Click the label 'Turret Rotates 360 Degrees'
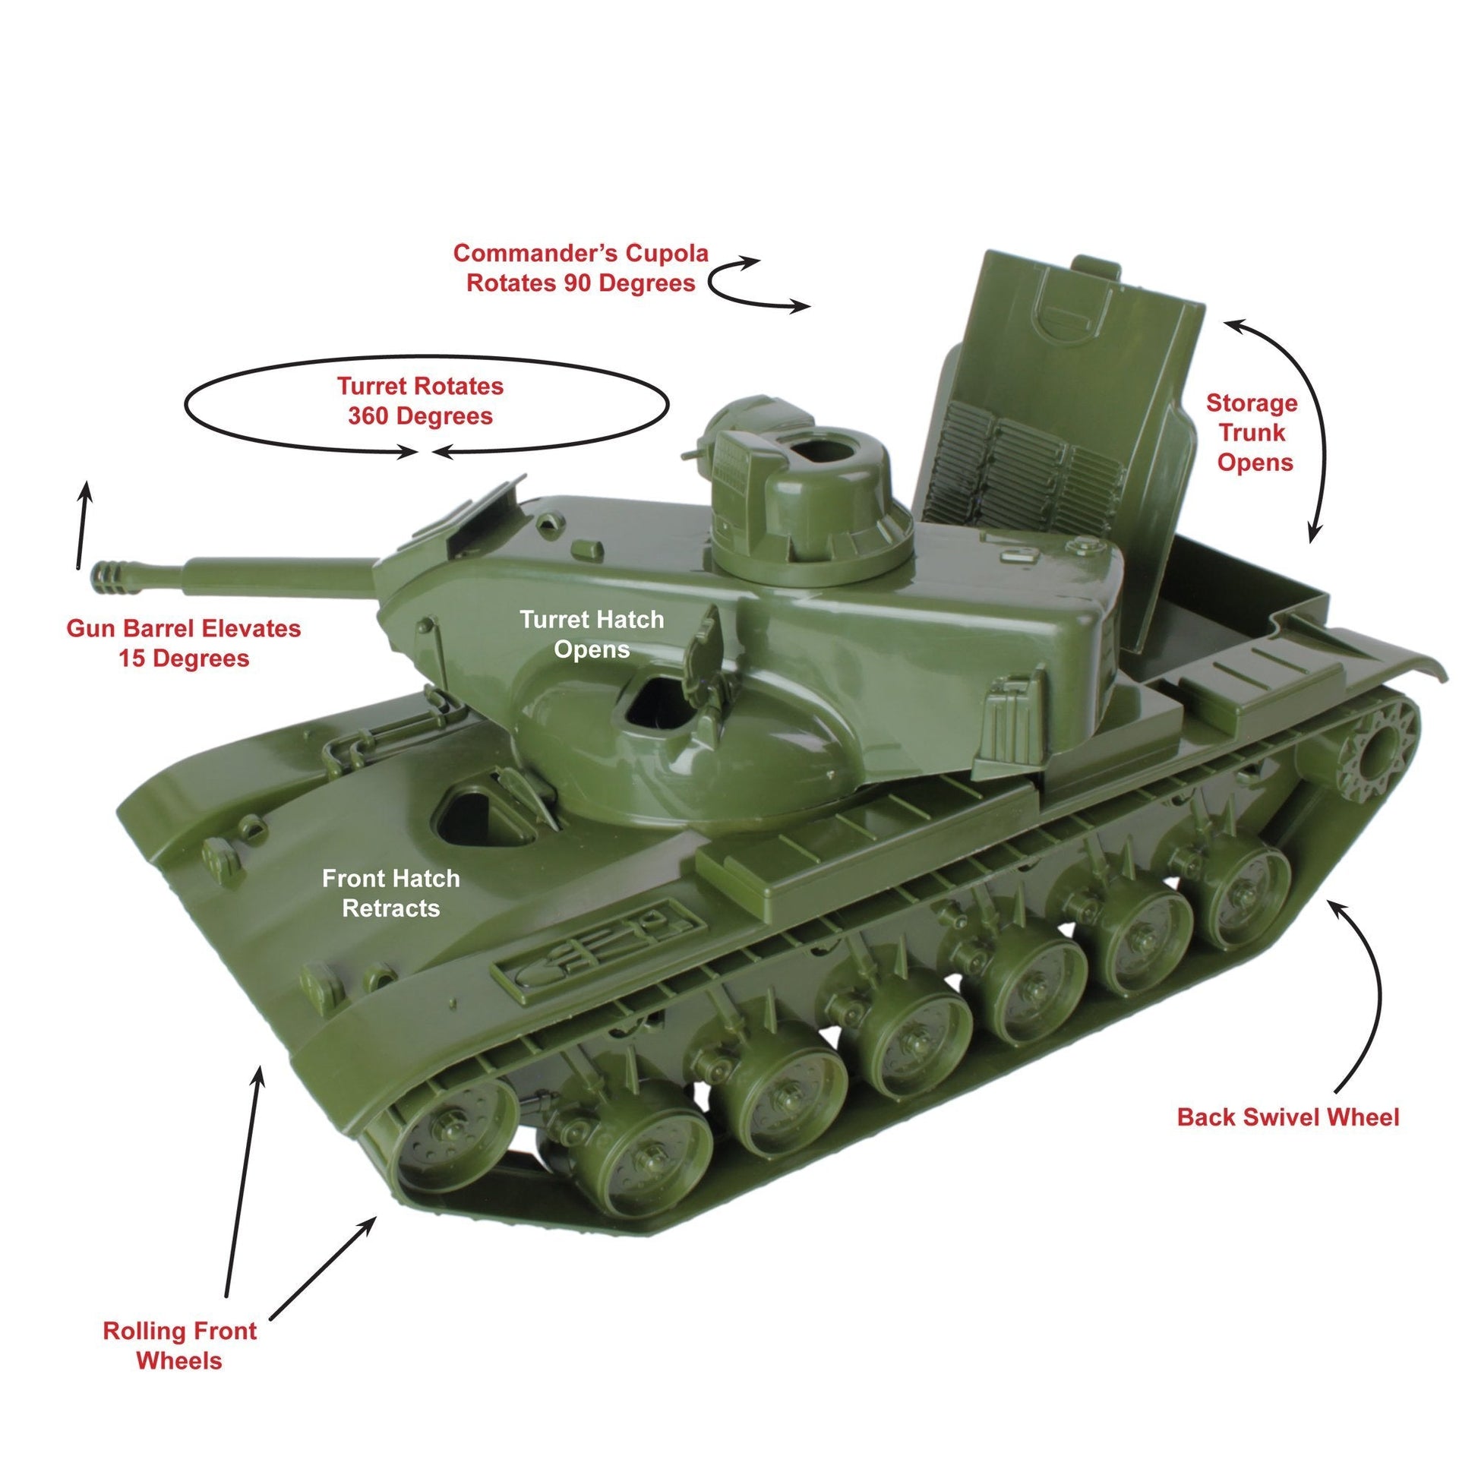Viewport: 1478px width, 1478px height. tap(420, 401)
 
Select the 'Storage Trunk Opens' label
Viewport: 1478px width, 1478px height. tap(1252, 432)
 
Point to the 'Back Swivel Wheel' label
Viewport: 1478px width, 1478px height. tap(1287, 1117)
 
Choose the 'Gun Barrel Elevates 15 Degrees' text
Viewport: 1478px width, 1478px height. tap(184, 643)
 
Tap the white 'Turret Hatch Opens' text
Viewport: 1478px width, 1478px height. tap(592, 633)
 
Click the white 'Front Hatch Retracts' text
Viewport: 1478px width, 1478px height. tap(391, 892)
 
